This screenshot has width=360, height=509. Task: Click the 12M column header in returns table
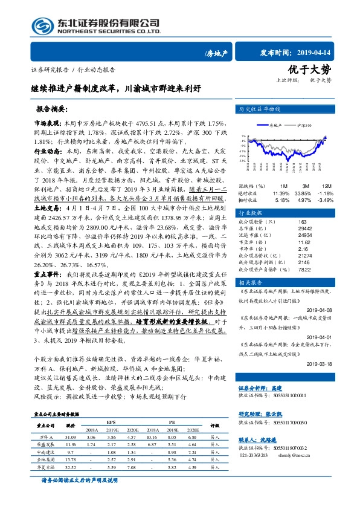(324, 185)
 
